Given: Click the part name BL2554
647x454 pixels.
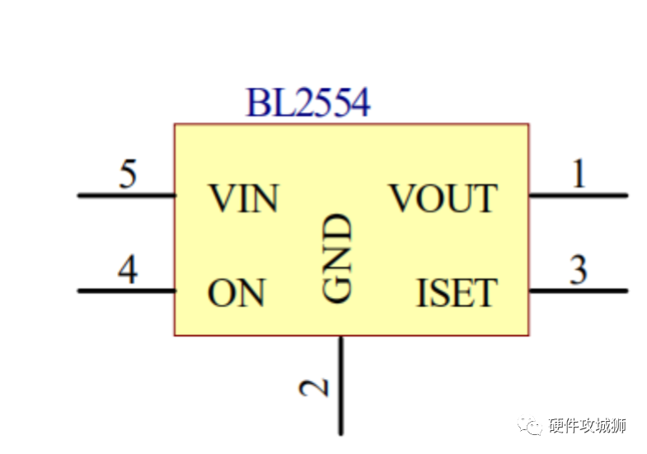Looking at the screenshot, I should coord(308,104).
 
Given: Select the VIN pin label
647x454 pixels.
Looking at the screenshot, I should coord(243,199).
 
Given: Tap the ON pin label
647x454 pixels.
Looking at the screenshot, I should coord(237,293).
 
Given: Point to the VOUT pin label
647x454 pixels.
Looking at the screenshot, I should coord(443,199).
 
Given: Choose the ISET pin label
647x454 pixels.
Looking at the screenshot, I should coord(457,293).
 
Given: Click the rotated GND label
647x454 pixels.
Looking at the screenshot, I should coord(338,258).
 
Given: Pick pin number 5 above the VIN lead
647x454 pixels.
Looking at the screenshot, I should coord(127,175).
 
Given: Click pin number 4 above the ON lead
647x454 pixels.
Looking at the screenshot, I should coord(127,271).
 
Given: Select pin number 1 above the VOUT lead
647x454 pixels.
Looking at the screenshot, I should coord(579,175).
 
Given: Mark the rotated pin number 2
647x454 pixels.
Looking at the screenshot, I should coord(316,386).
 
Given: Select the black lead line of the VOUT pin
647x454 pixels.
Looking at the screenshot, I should coord(578,196).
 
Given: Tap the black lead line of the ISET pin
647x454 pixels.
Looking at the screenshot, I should coord(578,291).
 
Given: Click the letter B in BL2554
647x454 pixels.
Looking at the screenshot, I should coord(257,104).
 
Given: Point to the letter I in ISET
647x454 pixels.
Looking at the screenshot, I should coord(423,293).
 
